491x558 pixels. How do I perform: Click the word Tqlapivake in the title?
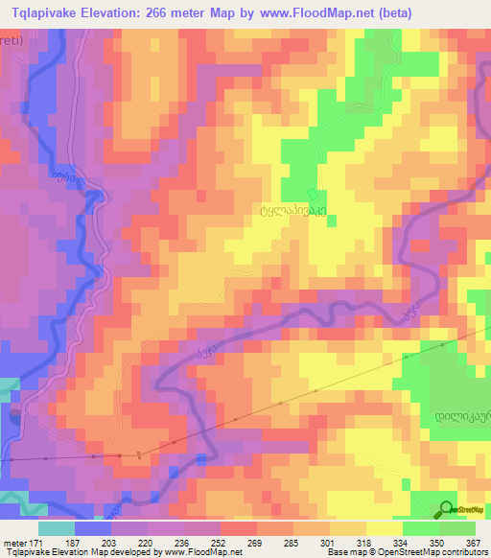point(45,12)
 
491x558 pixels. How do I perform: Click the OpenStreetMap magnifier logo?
point(448,508)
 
